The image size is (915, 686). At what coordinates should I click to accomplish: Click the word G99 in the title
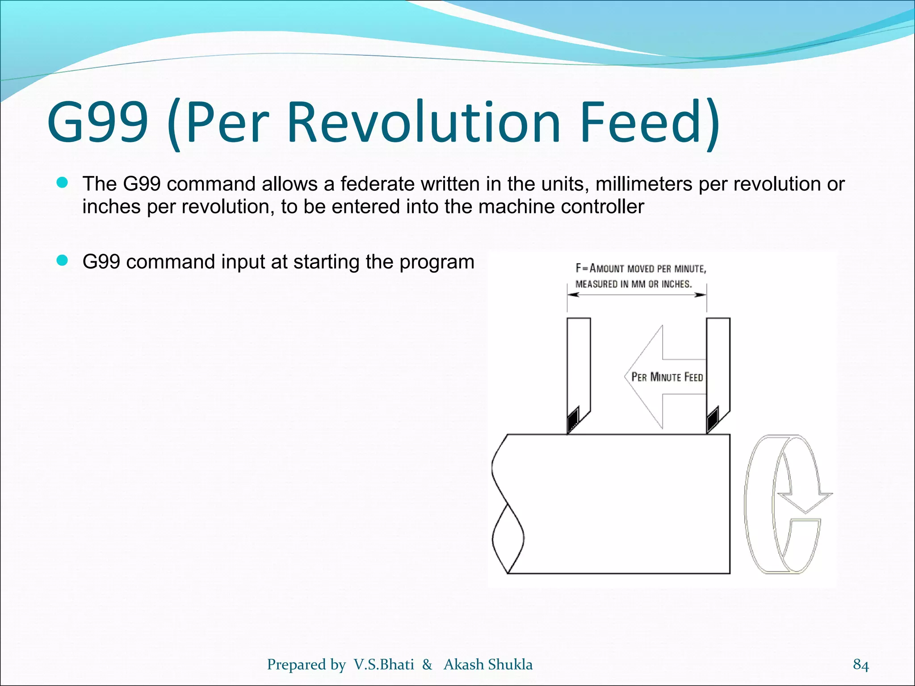pyautogui.click(x=97, y=122)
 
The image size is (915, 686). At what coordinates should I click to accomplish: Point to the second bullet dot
pyautogui.click(x=62, y=260)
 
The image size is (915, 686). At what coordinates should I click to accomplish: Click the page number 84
pyautogui.click(x=860, y=665)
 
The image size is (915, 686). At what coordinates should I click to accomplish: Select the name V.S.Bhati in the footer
pyautogui.click(x=384, y=665)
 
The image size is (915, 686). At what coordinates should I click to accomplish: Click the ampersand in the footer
pyautogui.click(x=427, y=665)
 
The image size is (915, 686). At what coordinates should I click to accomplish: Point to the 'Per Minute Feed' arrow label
pyautogui.click(x=667, y=377)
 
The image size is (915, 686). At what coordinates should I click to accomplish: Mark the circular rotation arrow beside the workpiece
pyautogui.click(x=786, y=504)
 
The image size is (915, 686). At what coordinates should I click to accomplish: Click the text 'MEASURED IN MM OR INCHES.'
pyautogui.click(x=633, y=284)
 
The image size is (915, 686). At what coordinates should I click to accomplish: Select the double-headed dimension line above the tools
pyautogui.click(x=637, y=295)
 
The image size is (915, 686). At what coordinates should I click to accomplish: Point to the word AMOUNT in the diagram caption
pyautogui.click(x=607, y=268)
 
